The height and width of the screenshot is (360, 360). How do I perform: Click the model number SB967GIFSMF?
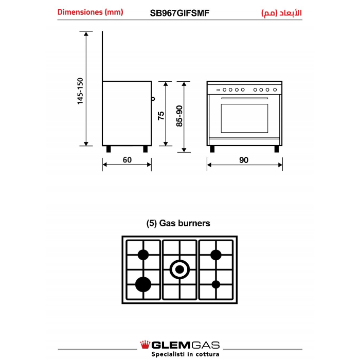click(179, 12)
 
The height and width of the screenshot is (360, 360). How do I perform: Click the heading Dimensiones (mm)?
click(90, 12)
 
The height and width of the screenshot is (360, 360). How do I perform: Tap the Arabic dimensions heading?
click(281, 12)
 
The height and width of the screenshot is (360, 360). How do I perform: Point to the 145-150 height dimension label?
click(80, 91)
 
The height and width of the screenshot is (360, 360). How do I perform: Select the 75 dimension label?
click(161, 116)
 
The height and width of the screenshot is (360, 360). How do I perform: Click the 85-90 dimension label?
click(179, 116)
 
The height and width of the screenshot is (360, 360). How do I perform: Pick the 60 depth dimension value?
click(127, 160)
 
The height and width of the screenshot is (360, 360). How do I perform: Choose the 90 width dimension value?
click(244, 160)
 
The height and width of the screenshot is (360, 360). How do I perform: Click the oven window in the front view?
click(244, 118)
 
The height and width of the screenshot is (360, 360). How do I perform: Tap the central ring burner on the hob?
click(179, 268)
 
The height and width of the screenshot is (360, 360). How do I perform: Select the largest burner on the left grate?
click(143, 283)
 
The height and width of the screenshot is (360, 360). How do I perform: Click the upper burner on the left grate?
click(143, 254)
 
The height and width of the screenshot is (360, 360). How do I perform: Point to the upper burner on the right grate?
click(216, 254)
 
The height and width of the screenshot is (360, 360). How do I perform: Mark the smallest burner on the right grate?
click(216, 284)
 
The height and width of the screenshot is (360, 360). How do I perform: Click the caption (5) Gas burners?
click(178, 224)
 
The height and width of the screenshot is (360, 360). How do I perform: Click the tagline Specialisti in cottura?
click(185, 354)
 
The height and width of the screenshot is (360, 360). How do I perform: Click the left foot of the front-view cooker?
click(212, 149)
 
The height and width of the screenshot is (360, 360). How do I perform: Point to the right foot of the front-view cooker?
click(277, 149)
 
